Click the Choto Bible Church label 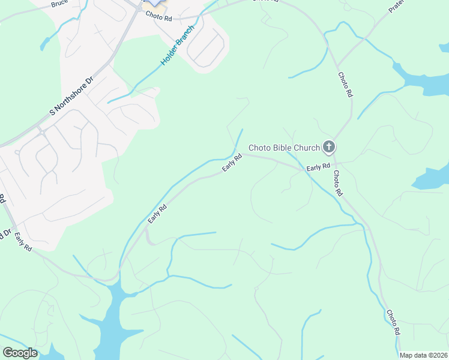click(285, 148)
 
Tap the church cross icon click(328, 146)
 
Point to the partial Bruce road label click(59, 4)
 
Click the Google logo click(20, 353)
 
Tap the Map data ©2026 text click(423, 355)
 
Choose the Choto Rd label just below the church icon click(337, 184)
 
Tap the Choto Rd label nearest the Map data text click(393, 323)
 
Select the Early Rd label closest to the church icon click(318, 166)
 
